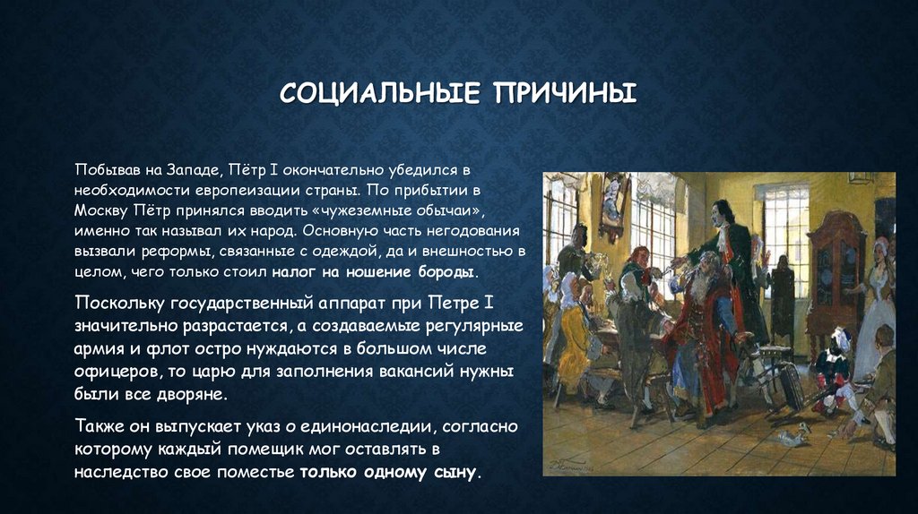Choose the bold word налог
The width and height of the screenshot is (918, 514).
click(x=298, y=270)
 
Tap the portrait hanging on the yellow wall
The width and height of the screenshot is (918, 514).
click(x=613, y=209)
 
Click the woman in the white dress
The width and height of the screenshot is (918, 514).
click(x=877, y=304)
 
